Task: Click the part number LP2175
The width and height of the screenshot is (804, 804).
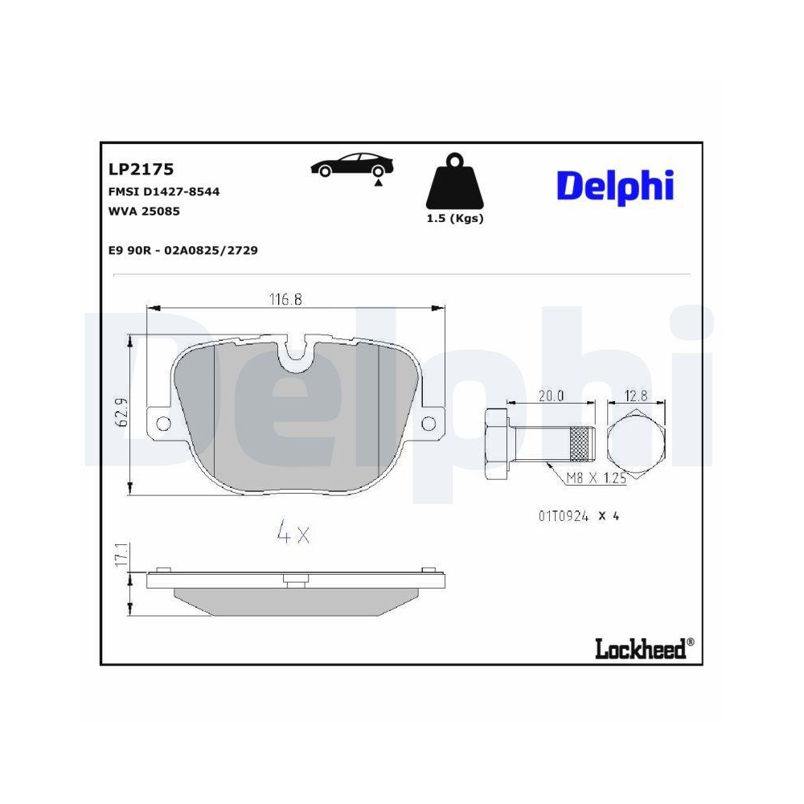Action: (x=141, y=170)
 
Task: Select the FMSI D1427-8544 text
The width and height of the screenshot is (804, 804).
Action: (x=164, y=191)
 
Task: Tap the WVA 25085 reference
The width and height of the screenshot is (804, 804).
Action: (x=143, y=211)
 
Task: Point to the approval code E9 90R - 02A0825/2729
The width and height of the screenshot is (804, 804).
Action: (x=183, y=250)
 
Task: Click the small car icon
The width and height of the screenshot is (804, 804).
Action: (x=352, y=166)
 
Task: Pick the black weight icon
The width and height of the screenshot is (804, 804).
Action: (x=454, y=183)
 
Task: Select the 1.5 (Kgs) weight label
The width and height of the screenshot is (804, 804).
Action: (x=455, y=219)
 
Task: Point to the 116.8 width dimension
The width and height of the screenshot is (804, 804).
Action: (x=285, y=299)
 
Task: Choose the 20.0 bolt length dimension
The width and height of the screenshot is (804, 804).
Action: (x=551, y=395)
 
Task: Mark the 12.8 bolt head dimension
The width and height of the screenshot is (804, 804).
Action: (x=636, y=395)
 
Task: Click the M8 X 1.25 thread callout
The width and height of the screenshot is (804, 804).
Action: (x=596, y=479)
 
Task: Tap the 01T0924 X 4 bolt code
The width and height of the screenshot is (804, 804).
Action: (x=577, y=516)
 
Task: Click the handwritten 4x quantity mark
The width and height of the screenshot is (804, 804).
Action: (x=293, y=532)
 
